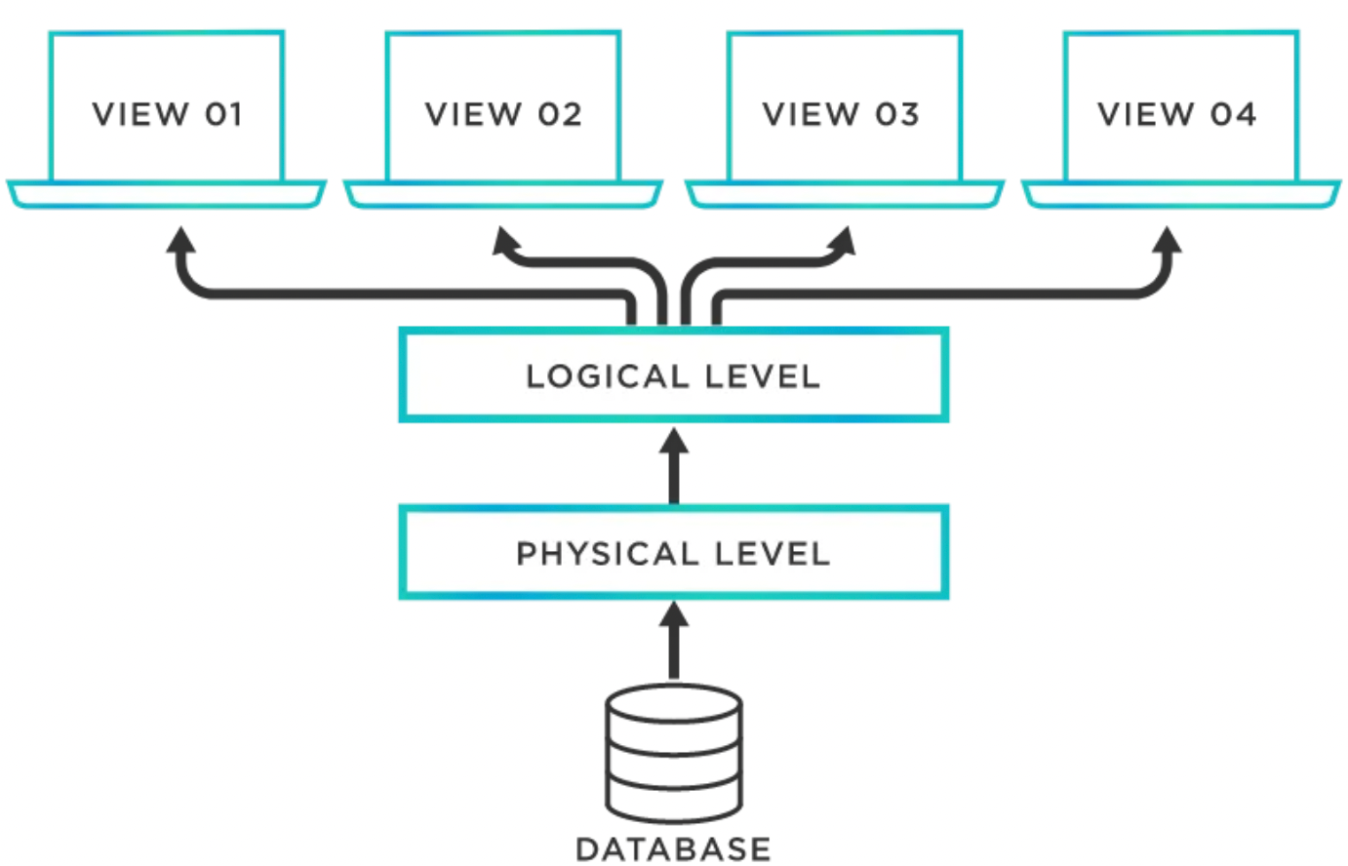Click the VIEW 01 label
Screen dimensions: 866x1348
pos(167,114)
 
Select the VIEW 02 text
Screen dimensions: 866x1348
pos(503,114)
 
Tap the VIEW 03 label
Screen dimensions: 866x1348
pos(841,114)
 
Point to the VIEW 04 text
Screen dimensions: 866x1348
pos(1177,114)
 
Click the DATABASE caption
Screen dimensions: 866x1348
pos(673,848)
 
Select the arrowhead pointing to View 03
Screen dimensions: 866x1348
pos(841,241)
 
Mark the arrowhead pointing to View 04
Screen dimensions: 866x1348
pos(1168,242)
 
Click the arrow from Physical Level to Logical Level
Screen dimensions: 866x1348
pos(673,466)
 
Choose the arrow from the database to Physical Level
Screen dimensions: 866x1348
pos(673,640)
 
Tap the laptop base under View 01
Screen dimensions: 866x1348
pos(167,194)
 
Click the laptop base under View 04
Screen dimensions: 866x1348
pos(1180,194)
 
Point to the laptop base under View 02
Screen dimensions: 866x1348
pos(503,194)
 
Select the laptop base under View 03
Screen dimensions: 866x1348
pos(844,194)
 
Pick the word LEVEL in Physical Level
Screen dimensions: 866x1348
pos(772,554)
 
